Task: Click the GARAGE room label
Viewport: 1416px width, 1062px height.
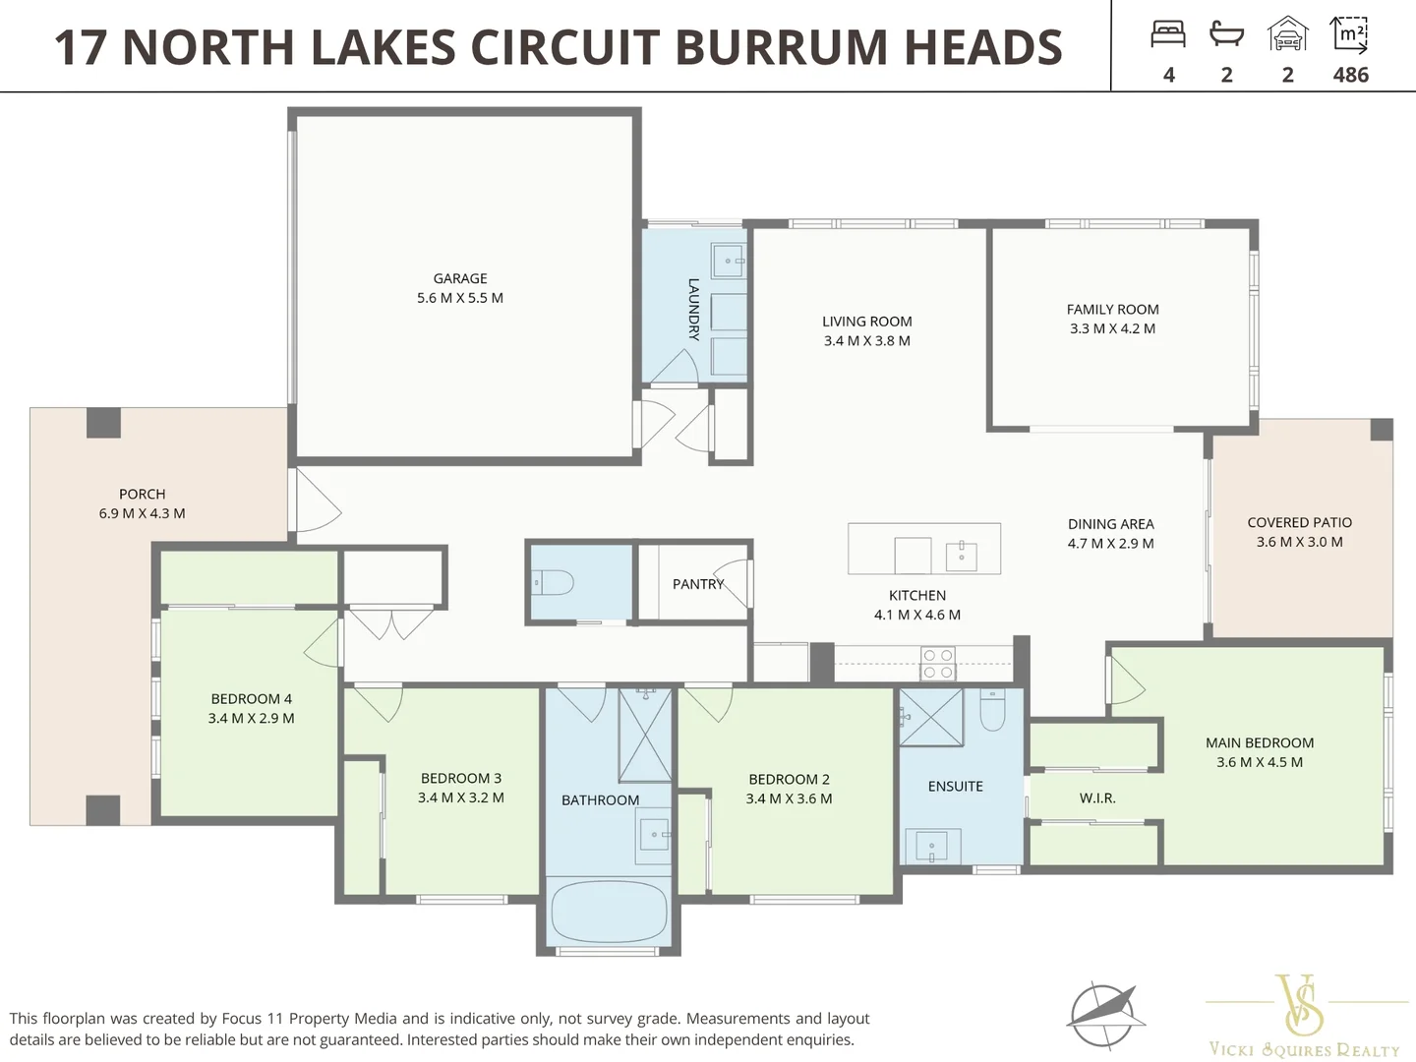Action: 460,278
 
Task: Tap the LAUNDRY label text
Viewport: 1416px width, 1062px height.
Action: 693,309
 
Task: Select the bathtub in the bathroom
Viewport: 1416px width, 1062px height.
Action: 609,913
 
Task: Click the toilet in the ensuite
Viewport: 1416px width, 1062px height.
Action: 992,710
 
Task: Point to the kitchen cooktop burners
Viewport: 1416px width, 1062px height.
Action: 938,664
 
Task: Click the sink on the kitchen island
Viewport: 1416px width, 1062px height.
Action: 961,557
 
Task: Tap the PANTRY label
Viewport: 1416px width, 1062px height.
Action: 698,584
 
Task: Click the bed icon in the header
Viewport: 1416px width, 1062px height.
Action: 1168,33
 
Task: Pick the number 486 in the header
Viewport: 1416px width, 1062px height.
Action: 1350,75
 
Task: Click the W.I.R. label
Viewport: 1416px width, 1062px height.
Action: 1097,798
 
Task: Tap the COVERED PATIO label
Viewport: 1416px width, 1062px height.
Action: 1299,522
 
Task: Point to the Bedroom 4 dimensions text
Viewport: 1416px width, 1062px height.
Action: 251,718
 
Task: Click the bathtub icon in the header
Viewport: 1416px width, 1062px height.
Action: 1226,33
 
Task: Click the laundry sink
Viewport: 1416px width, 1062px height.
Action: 729,261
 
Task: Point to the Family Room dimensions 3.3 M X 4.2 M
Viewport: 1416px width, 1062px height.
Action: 1112,328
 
